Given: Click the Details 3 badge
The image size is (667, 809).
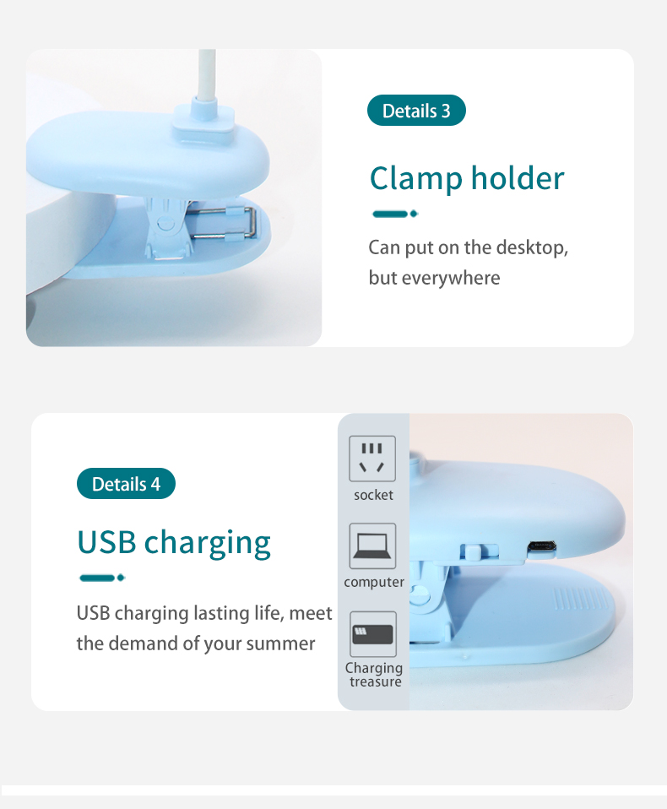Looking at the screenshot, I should [x=416, y=111].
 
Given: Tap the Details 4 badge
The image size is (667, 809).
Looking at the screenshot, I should [x=126, y=484].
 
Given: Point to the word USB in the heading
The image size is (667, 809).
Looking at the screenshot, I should [x=106, y=541].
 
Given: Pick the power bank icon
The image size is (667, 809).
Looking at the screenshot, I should [x=372, y=635].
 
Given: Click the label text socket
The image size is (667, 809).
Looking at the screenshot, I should [x=373, y=495].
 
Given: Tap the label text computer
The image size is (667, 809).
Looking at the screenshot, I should [x=374, y=583].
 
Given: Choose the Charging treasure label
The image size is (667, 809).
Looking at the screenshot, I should [x=374, y=675].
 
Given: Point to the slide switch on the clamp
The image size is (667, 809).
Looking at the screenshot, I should [x=471, y=551].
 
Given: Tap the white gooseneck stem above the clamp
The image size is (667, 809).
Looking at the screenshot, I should [x=206, y=76].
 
